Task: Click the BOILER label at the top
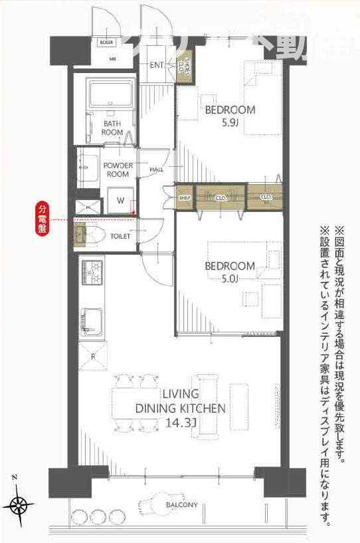point(106,42)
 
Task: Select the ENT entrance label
point(157,65)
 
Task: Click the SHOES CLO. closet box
point(187,68)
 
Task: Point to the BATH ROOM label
point(112,128)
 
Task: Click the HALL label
point(157,169)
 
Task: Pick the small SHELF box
point(184,197)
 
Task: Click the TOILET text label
point(120,236)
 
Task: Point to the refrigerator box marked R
point(92,356)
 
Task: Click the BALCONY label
point(181,505)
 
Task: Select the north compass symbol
point(20,505)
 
